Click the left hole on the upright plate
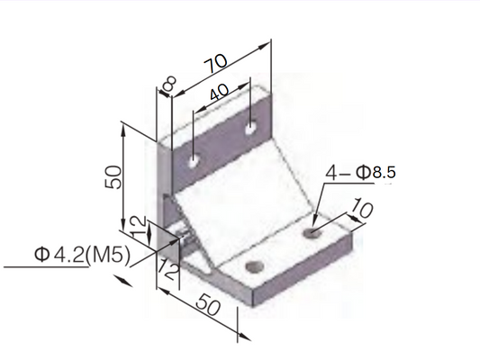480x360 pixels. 193,161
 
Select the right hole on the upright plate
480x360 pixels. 249,131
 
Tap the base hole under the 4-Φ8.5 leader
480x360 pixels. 312,233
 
